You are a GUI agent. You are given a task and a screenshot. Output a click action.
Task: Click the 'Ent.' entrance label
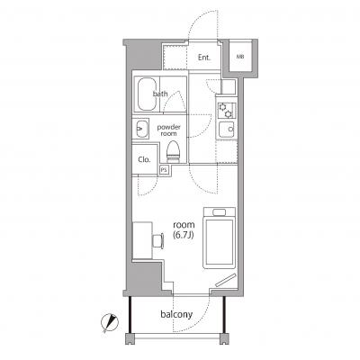[x=204, y=58]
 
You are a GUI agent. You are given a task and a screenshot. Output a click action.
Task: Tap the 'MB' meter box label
[x=240, y=57]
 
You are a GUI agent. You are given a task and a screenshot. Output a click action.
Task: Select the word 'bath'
[x=160, y=94]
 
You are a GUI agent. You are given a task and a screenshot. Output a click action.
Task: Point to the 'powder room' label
[x=168, y=130]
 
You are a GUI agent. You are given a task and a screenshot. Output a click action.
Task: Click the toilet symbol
[x=173, y=151]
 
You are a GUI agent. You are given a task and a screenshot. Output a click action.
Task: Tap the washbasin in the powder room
[x=140, y=129]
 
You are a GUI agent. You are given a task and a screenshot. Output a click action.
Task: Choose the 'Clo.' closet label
[x=144, y=159]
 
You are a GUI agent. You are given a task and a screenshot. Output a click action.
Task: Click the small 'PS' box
[x=164, y=170]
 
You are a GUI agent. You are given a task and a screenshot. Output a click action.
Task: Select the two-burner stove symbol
[x=226, y=110]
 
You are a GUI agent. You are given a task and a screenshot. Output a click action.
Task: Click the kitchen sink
[x=227, y=130]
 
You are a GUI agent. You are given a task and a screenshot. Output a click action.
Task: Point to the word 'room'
[x=184, y=225]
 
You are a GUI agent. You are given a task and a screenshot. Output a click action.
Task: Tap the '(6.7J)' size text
[x=184, y=235]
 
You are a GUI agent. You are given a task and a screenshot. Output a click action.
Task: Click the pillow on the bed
[x=219, y=212]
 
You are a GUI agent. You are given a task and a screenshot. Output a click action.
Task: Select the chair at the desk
[x=157, y=240]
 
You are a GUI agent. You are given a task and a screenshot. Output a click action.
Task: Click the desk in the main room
[x=142, y=240]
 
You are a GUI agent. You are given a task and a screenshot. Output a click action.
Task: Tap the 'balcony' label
[x=176, y=314]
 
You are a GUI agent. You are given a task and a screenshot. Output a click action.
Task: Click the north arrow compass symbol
[x=110, y=323]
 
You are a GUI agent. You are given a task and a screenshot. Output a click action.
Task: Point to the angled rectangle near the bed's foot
[x=226, y=280]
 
